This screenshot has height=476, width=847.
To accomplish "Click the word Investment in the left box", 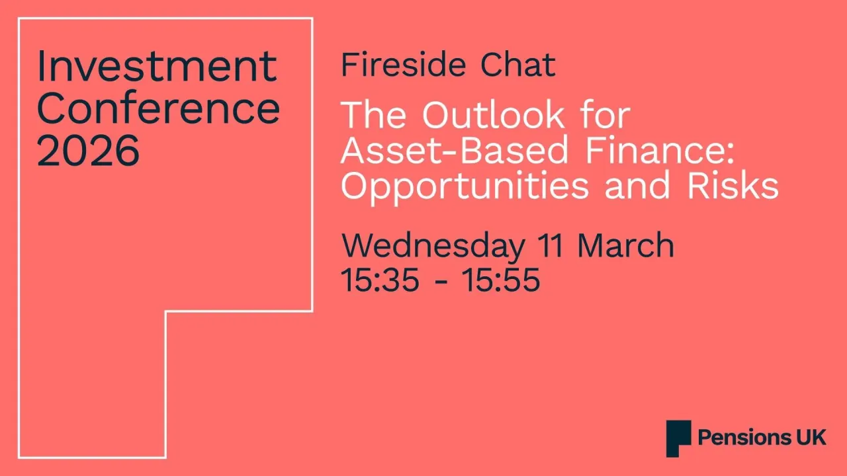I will point(157,66).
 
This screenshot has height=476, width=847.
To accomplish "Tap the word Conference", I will point(158,108).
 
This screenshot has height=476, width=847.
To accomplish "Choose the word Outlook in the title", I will point(493,116).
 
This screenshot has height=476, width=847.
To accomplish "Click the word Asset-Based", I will point(455,151).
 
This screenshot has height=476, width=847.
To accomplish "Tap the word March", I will point(626,246).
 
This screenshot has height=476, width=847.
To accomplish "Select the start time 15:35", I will point(380,280).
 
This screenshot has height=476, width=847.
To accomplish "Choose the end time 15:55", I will point(501,280).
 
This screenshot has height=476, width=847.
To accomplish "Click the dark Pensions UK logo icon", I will point(678,438).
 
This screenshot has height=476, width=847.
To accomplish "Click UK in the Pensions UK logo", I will point(812,438).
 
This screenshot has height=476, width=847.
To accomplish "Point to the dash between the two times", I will point(440,282).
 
